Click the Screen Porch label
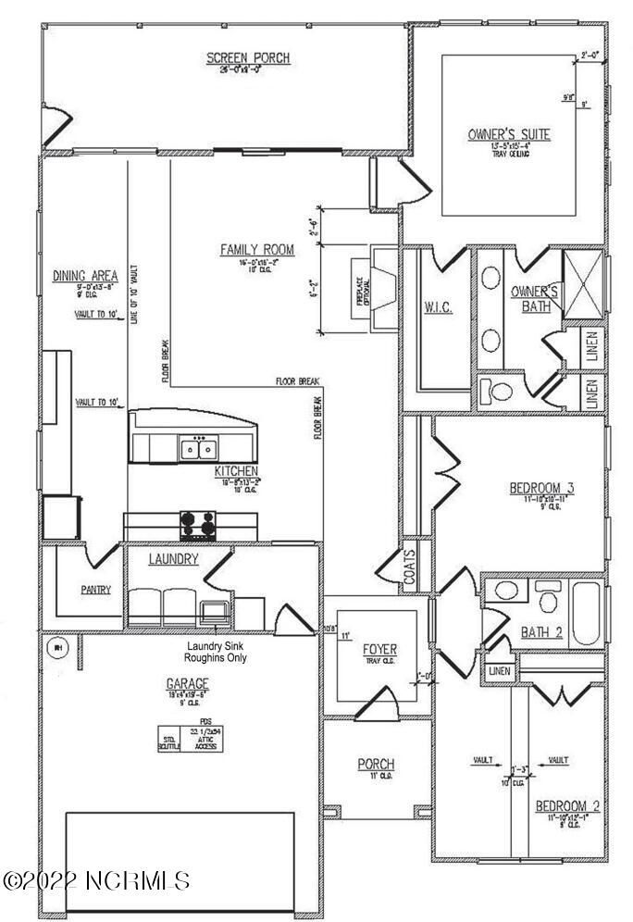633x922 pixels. (247, 58)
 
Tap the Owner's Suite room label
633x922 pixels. (508, 135)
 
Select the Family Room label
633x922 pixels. (256, 249)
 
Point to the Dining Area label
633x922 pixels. (84, 275)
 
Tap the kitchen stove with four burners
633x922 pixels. (198, 525)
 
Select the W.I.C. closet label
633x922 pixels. (437, 307)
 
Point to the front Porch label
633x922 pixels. (377, 764)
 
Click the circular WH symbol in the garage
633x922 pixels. (56, 648)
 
